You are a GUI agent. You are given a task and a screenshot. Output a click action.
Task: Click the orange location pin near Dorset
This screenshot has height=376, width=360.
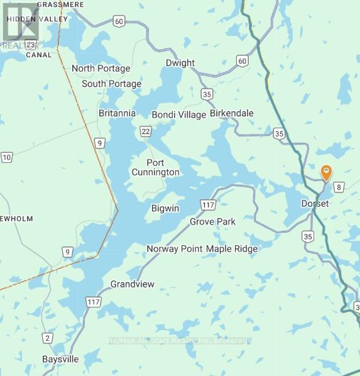pos(326,172)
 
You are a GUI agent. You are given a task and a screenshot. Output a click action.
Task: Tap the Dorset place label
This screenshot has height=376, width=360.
pos(314,204)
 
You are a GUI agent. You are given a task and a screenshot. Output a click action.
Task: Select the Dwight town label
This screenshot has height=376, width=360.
pos(180,63)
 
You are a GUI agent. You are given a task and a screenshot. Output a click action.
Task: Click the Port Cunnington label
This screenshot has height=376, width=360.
pos(155,167)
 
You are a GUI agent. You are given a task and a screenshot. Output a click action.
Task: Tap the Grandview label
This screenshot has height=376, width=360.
pos(132,284)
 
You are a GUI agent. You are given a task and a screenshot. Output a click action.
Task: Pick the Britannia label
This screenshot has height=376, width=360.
pos(117,113)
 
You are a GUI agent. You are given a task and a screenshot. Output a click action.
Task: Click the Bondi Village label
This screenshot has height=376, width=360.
pos(179,114)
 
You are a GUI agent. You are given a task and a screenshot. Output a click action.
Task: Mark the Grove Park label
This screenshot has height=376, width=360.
pos(212,222)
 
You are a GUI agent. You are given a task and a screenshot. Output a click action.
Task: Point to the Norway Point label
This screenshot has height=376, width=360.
pos(174,249)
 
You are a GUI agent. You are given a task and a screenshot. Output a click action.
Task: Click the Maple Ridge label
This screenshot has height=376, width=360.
pos(232,249)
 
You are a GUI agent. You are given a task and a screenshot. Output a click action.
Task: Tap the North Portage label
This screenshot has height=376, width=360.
pos(101,69)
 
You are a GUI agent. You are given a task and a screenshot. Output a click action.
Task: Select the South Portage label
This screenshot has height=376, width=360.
pos(112,84)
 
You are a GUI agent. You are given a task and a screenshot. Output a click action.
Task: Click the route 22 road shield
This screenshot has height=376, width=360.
pos(146,130)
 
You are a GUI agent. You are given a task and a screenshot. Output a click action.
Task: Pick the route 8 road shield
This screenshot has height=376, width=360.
pos(339,187)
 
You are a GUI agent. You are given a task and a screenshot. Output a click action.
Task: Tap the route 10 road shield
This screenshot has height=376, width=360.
pos(6,157)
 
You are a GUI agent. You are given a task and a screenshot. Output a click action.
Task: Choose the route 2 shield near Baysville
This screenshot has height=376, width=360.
pos(47,338)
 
